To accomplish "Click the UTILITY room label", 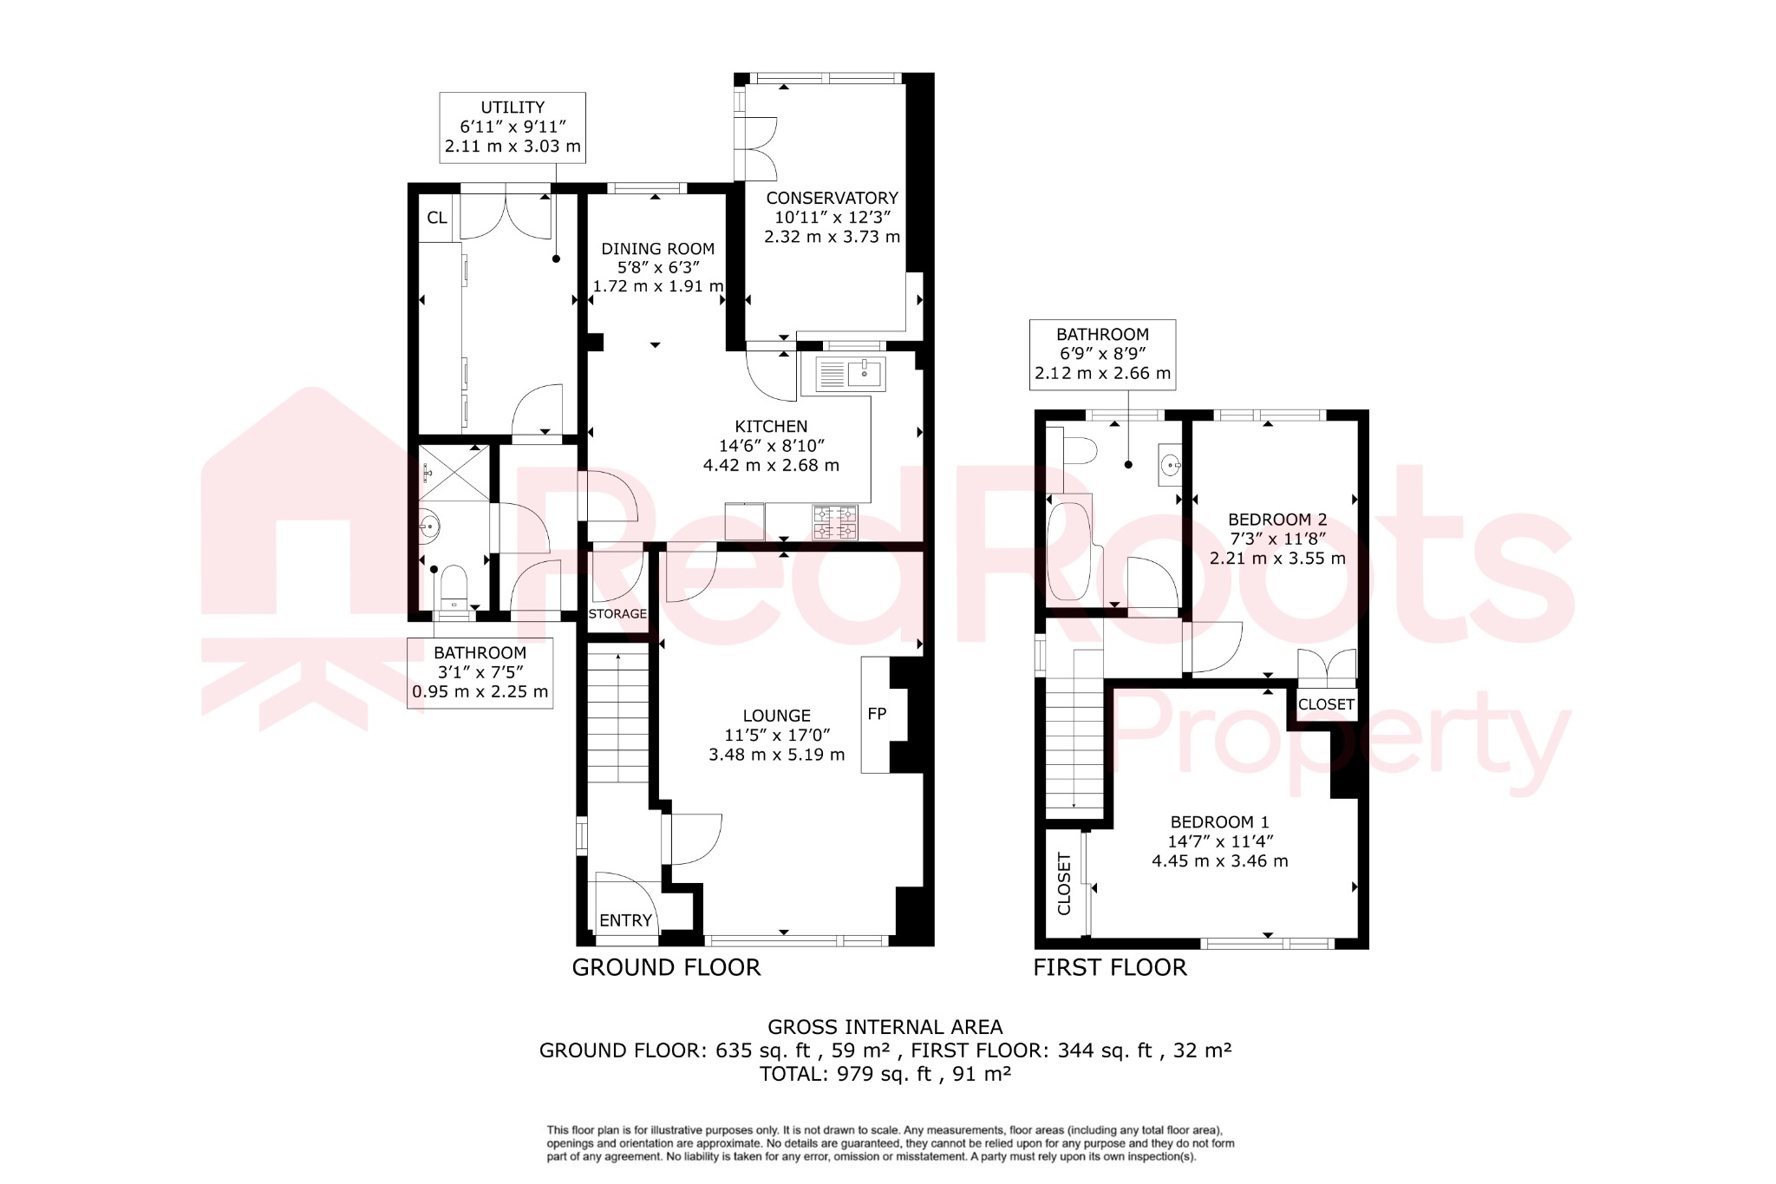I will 513,108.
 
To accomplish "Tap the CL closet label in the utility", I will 437,218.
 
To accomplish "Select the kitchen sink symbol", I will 864,374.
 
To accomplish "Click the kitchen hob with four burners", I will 834,522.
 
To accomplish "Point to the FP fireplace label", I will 877,714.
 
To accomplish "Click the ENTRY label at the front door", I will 625,920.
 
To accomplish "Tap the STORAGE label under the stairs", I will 617,613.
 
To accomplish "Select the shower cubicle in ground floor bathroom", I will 454,473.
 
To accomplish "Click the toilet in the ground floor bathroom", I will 454,587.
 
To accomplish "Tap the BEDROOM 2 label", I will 1277,520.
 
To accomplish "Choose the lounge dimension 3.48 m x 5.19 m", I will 776,755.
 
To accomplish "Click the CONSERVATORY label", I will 832,198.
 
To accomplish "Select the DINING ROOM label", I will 657,249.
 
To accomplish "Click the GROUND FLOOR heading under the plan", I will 666,967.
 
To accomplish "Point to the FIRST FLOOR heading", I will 1109,967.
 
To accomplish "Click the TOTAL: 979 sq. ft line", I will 885,1074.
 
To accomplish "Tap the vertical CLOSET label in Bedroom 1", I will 1064,883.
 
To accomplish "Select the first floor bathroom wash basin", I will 1170,465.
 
